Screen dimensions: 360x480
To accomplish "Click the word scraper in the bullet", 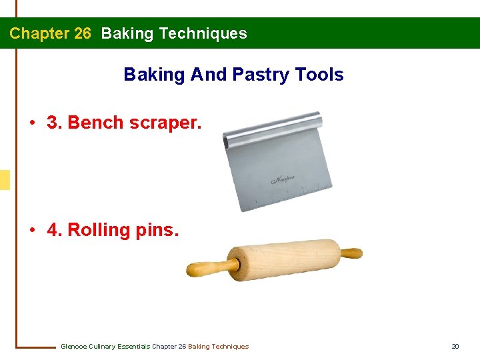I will [x=164, y=123].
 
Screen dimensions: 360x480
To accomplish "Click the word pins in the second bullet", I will [x=156, y=231].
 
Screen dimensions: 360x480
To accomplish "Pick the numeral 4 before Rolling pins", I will [x=54, y=230].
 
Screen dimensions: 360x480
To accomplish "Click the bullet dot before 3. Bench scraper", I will [x=32, y=123].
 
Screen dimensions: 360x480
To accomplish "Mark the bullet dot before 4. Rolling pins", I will [x=32, y=231].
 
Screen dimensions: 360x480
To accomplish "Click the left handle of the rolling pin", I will [x=210, y=267].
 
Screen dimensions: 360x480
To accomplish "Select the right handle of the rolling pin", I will [x=350, y=253].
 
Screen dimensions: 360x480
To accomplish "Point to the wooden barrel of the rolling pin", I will [x=283, y=260].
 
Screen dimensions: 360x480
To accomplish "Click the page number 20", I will [x=455, y=346].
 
